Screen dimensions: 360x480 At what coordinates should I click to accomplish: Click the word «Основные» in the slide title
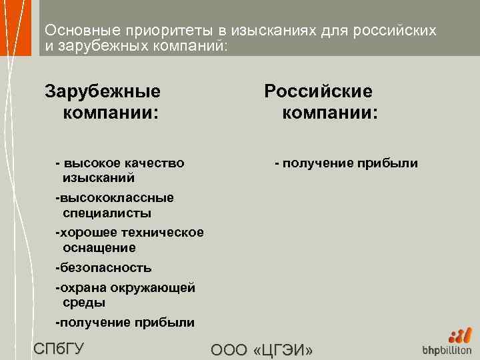point(73,31)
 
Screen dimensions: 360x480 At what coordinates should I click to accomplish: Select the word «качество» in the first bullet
point(156,163)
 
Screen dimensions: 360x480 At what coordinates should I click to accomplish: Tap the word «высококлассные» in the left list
point(117,197)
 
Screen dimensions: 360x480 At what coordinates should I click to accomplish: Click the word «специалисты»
point(107,213)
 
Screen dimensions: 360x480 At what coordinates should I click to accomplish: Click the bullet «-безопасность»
point(103,267)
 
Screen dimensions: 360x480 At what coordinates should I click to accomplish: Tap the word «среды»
point(84,303)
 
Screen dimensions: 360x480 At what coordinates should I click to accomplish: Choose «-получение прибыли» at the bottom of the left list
point(125,323)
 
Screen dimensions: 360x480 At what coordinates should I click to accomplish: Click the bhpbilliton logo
point(447,343)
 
